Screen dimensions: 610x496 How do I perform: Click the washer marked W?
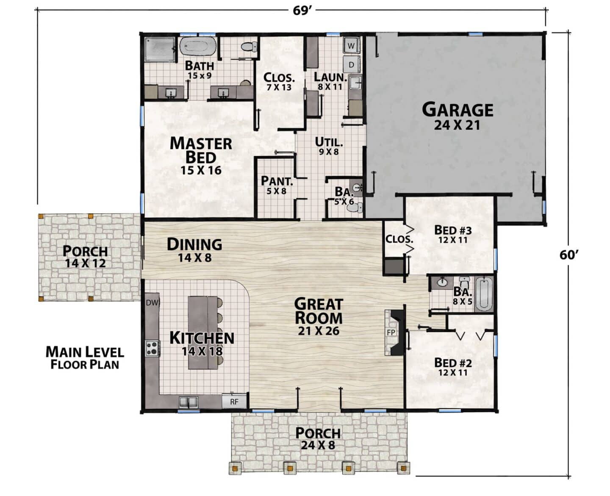[x=351, y=45]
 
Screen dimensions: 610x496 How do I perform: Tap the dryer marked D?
[x=351, y=64]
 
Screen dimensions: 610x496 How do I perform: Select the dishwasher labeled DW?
[x=152, y=303]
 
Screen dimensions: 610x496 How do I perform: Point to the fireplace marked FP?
[x=394, y=333]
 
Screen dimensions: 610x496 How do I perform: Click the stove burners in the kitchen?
[x=152, y=348]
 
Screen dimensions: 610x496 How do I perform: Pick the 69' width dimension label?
[x=302, y=11]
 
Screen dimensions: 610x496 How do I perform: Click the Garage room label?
[x=457, y=110]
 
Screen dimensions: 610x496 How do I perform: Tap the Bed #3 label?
[x=453, y=230]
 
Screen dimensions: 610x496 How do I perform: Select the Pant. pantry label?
[x=277, y=181]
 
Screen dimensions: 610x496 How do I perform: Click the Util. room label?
[x=329, y=142]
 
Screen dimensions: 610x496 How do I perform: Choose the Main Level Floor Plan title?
[x=85, y=358]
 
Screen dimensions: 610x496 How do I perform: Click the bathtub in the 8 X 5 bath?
[x=484, y=294]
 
